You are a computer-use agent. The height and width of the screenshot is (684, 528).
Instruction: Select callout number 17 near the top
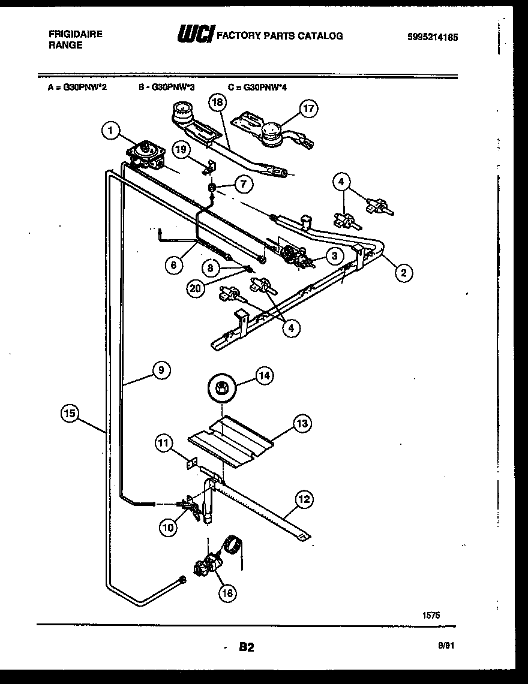(x=308, y=109)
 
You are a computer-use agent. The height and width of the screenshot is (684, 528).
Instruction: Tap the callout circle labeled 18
(x=217, y=103)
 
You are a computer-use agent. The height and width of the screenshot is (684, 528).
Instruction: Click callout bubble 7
(x=243, y=184)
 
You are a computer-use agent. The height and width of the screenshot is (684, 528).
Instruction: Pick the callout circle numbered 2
(x=403, y=273)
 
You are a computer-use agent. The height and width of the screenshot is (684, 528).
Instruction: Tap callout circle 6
(x=173, y=266)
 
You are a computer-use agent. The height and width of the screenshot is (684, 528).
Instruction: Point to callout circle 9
(x=160, y=370)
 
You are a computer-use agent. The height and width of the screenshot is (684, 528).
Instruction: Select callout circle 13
(x=301, y=424)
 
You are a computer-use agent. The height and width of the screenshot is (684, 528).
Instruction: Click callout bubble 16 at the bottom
(x=226, y=593)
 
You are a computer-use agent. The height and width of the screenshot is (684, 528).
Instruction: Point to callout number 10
(x=169, y=527)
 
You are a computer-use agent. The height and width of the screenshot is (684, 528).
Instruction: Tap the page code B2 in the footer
(x=247, y=647)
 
